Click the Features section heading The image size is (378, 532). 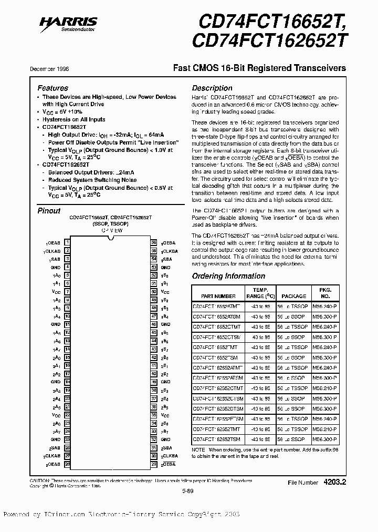point(52,88)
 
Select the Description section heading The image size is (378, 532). point(212,88)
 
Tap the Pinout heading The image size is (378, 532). point(49,211)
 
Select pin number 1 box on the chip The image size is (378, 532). point(67,243)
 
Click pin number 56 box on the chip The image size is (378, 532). point(154,243)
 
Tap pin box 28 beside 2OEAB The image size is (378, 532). point(67,464)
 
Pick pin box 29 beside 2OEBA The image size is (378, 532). point(154,464)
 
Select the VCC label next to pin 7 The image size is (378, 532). point(56,291)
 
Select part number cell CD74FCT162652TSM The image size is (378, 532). point(216,439)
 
